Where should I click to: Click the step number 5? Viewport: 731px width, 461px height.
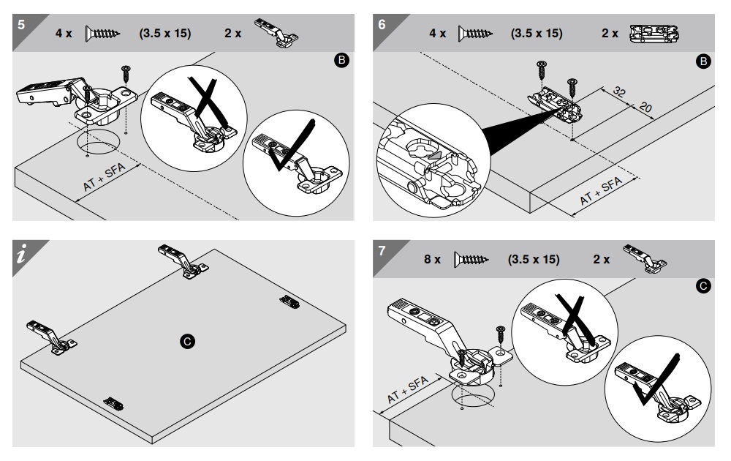21,23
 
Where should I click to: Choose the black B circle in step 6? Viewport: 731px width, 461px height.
703,63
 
